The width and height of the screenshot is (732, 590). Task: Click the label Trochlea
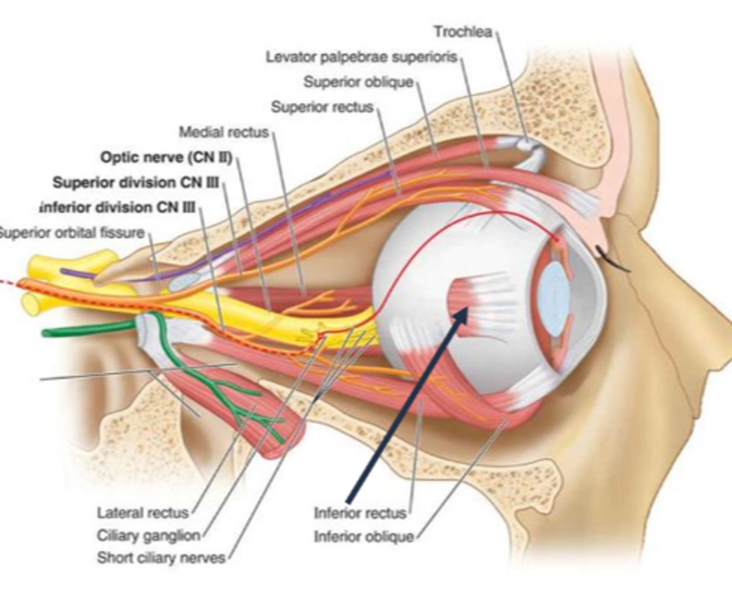coord(463,32)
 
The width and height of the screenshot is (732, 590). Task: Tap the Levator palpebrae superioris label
coord(361,56)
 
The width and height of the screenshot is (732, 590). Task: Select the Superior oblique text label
coord(358,81)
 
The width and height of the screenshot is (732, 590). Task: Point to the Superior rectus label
coord(322,107)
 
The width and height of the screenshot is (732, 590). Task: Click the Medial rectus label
coord(223,132)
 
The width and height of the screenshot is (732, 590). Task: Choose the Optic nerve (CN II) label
coord(166,157)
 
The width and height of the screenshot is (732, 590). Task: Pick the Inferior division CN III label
coord(117,207)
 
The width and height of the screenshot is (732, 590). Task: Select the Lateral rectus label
coord(142,512)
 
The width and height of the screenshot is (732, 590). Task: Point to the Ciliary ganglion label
coord(148,535)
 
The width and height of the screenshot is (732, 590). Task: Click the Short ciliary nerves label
coord(161,558)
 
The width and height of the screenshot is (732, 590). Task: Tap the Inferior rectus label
coord(360,512)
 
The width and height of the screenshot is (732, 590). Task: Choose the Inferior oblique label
coord(363,536)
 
